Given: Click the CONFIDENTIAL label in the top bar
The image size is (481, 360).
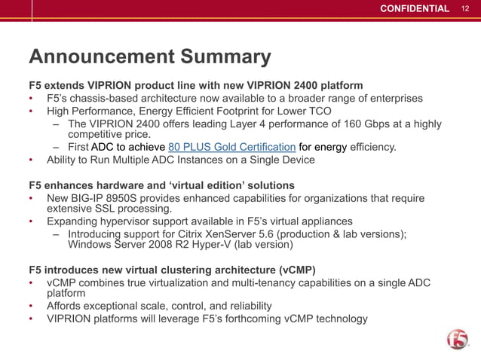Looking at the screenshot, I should pyautogui.click(x=414, y=8).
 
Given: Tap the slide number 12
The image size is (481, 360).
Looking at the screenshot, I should pyautogui.click(x=465, y=8).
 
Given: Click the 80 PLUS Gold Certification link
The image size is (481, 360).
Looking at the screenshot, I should pyautogui.click(x=232, y=147).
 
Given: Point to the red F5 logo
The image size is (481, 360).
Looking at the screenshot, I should pyautogui.click(x=457, y=340).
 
